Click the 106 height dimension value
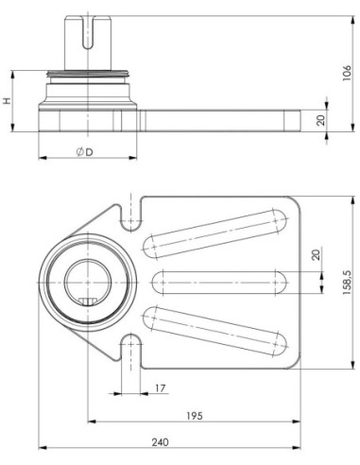point(347,73)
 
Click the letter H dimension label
point(7,101)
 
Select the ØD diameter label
point(85,152)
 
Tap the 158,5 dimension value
point(347,283)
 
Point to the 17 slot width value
point(161,388)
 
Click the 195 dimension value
point(195,416)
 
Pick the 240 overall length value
point(161,442)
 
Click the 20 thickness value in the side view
point(321,120)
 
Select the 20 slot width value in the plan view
point(316,254)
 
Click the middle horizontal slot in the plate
point(219,283)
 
